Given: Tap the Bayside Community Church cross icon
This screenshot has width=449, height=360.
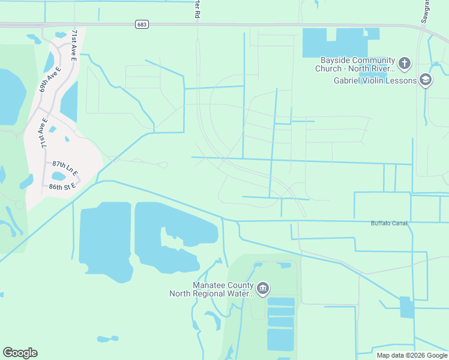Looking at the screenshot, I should point(405,63).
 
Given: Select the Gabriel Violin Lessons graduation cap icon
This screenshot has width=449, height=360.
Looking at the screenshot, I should point(426,80).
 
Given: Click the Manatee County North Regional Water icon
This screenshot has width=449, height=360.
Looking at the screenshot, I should point(263,289).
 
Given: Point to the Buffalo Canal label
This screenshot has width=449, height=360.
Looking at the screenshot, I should point(389,223).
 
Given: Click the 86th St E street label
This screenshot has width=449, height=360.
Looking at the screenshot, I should point(62,187).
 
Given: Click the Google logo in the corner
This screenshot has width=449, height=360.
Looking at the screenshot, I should point(20,353).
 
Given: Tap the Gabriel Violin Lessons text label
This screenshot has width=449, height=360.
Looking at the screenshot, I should point(375,80).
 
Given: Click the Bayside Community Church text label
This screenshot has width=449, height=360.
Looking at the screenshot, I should point(357,64).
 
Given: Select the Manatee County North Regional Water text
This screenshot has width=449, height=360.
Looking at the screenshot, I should point(213,289).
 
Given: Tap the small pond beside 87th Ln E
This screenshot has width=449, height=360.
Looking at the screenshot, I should point(59,176).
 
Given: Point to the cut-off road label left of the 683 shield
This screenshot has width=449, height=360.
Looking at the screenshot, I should point(196,8).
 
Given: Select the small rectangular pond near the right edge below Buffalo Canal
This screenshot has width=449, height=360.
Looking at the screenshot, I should point(407,307).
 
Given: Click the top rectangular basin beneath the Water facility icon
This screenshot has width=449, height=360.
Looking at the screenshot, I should point(281,302).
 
